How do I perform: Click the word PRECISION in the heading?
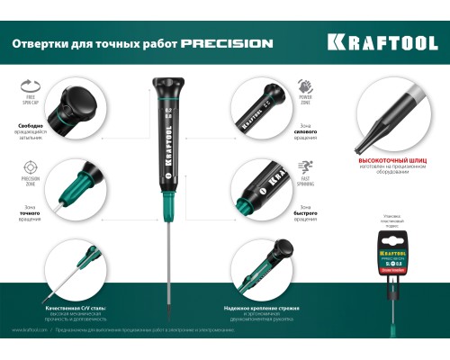pos(227,43)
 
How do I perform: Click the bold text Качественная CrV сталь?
pos(76,308)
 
